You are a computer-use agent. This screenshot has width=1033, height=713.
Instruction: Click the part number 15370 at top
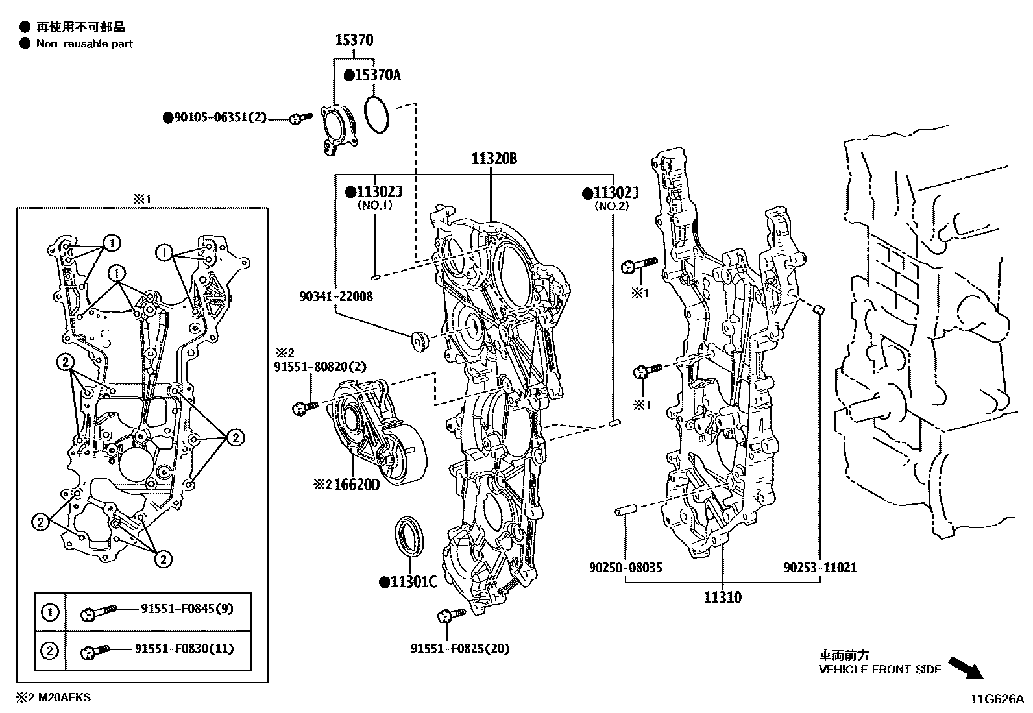tap(354, 41)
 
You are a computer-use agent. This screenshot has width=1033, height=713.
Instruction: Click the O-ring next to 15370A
tap(377, 114)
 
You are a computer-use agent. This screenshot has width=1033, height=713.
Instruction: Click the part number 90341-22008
tap(336, 296)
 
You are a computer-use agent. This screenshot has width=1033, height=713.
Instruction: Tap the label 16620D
tap(356, 485)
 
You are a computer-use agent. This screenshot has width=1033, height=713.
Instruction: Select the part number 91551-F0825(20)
tap(460, 648)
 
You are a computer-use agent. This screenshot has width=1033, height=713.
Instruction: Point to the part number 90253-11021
tap(820, 568)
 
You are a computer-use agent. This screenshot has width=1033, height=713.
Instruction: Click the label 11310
tap(722, 597)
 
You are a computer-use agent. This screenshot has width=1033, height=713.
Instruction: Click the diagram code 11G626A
tap(997, 699)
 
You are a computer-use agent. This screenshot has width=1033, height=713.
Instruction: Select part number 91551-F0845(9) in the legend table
tap(187, 609)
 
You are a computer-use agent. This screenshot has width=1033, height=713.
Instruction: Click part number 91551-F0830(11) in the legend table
tap(184, 649)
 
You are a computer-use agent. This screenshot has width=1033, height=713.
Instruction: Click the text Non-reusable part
tap(84, 44)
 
